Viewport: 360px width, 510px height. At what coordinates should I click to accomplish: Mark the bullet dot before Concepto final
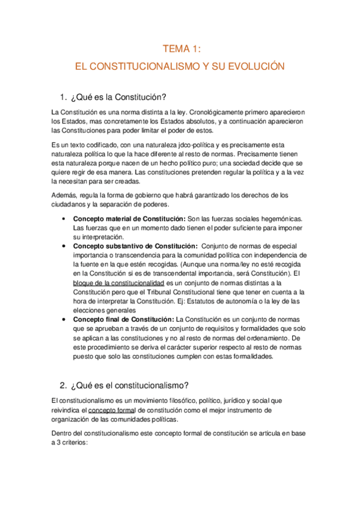(x=64, y=319)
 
